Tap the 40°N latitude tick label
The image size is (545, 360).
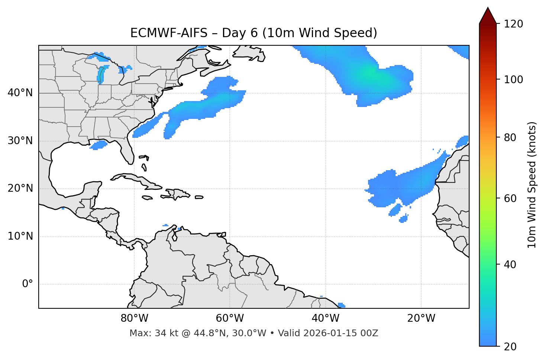[20, 93]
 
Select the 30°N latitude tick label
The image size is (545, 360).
[20, 141]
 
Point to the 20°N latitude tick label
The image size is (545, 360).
[20, 188]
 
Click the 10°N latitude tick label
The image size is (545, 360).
[20, 236]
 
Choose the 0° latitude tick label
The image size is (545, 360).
[28, 284]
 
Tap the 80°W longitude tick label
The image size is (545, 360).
[134, 318]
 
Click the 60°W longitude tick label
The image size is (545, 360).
[230, 318]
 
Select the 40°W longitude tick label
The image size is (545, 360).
[325, 318]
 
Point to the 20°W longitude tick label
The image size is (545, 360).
[421, 318]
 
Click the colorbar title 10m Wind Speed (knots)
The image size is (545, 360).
[532, 185]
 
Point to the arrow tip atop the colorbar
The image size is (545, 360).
[488, 8]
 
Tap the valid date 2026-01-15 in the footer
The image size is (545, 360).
[334, 333]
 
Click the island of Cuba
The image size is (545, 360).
[136, 180]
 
